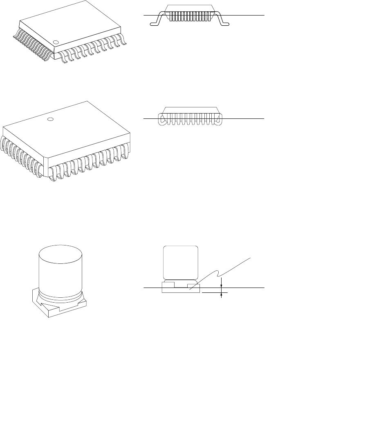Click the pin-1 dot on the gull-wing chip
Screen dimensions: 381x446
click(56, 42)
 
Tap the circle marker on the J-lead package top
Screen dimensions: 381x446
click(50, 119)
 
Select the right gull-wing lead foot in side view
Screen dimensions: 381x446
click(226, 24)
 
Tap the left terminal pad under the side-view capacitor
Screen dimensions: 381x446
click(169, 283)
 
